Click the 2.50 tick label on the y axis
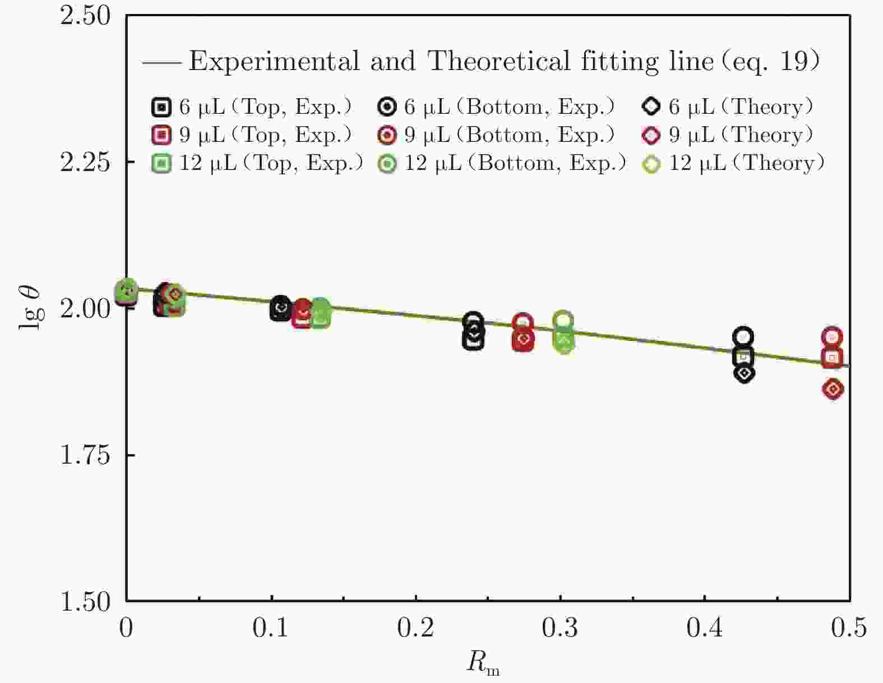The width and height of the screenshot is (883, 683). point(85,15)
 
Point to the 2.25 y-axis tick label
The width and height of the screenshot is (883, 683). point(85,161)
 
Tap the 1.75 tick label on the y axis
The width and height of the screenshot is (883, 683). point(85,455)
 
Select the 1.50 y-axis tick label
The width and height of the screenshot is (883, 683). point(85,601)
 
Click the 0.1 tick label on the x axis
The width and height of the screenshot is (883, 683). point(271,627)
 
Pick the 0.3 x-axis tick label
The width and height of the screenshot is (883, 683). point(560,627)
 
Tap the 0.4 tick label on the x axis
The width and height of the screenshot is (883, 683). point(705,627)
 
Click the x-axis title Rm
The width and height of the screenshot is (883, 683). point(483,663)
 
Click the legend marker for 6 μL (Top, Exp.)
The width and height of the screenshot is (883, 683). point(161,107)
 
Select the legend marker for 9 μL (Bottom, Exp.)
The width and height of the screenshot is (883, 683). point(387,135)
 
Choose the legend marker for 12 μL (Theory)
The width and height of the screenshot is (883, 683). point(651,164)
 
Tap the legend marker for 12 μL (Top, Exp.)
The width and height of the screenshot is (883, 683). point(161,164)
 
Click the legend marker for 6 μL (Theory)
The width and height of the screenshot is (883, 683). point(651,107)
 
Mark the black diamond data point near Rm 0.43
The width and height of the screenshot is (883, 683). point(744,373)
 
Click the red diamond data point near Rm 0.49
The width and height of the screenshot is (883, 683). point(833,389)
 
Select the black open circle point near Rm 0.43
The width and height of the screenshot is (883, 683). point(743,336)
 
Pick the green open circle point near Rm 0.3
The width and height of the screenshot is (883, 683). point(563,321)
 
